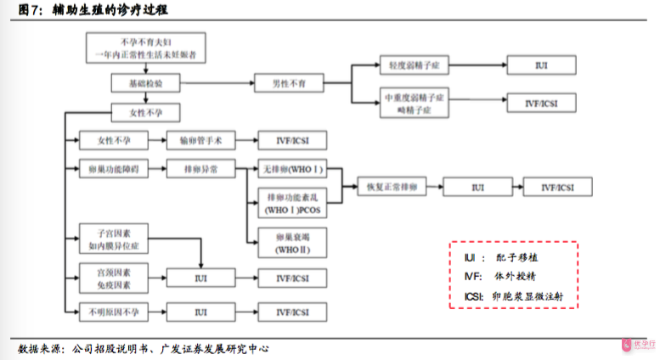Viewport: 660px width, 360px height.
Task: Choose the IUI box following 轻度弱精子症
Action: [541, 65]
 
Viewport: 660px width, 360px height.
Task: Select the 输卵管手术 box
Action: [200, 139]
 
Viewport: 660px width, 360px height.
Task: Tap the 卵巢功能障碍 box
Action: [113, 169]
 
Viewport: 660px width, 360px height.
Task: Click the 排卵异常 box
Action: [200, 169]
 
